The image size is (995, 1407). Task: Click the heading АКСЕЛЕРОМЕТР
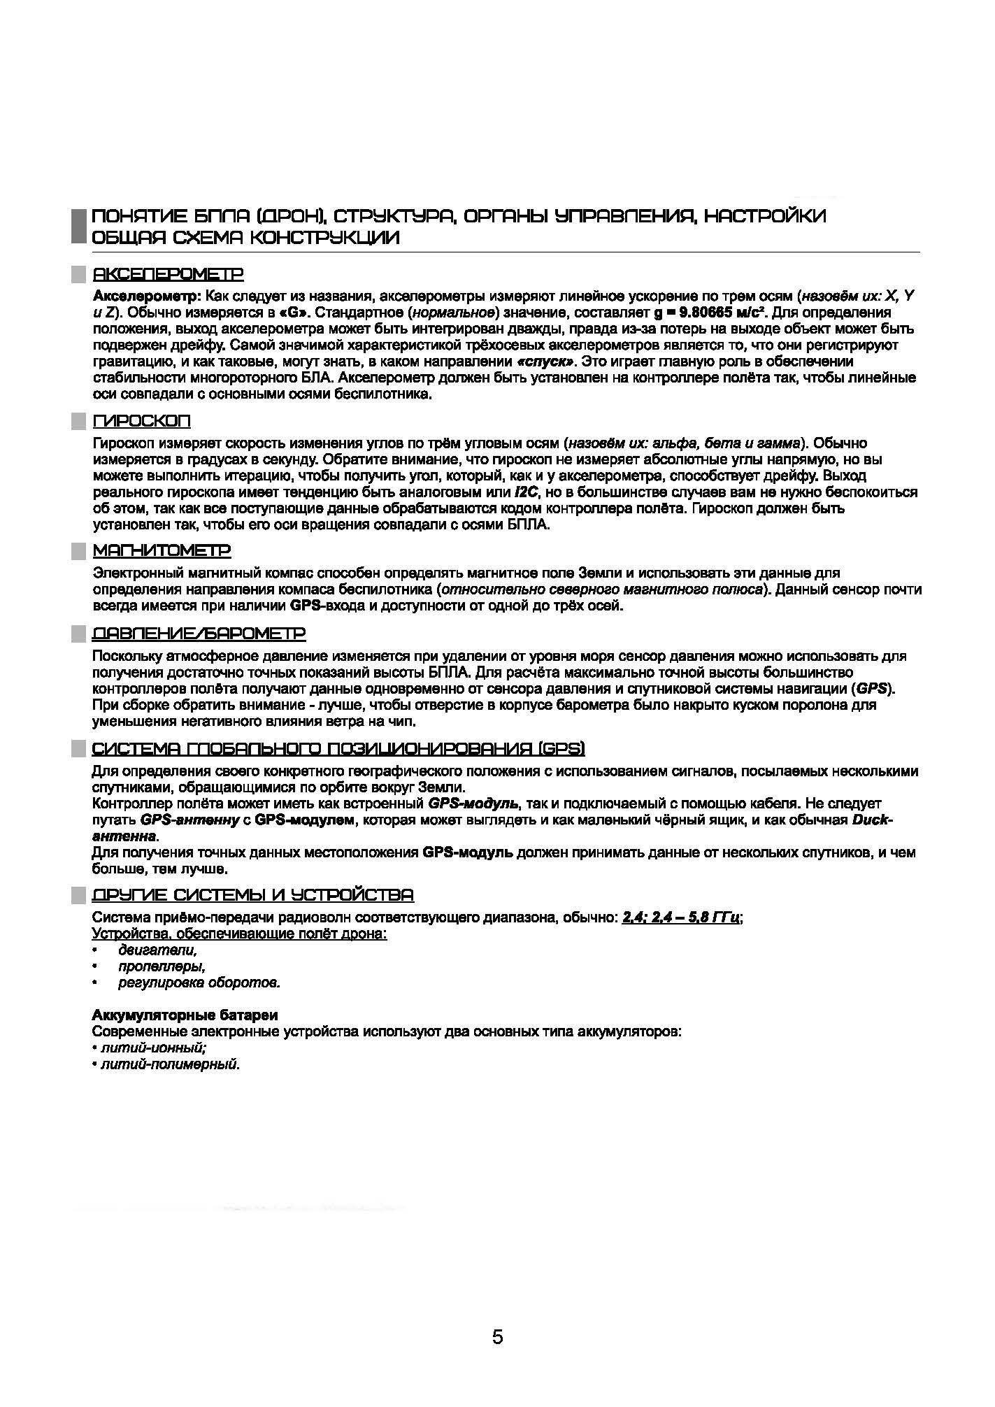pos(169,273)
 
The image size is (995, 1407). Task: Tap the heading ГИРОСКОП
pos(142,421)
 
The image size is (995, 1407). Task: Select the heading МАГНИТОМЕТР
pos(162,551)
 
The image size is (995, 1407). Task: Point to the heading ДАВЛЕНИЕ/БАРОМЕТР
pos(199,634)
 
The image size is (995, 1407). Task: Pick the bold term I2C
pos(526,492)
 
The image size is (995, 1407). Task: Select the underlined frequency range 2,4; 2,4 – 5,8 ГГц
pos(680,917)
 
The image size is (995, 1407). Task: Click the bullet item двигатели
pos(158,950)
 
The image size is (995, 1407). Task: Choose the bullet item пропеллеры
pos(162,966)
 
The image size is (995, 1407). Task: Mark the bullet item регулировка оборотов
pos(199,983)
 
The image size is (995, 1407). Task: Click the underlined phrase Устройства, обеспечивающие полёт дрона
pos(240,934)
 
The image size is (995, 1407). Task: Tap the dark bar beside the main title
pos(78,225)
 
